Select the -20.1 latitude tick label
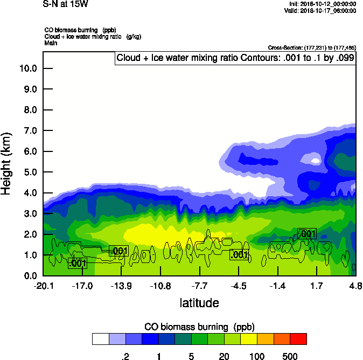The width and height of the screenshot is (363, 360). click(x=43, y=286)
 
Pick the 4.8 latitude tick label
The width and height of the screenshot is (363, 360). click(x=355, y=286)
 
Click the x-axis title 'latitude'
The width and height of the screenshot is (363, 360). click(x=199, y=303)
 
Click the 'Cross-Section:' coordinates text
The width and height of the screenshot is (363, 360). click(x=311, y=47)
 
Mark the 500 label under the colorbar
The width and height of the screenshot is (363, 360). click(x=290, y=356)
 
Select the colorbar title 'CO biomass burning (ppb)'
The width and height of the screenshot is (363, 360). click(x=199, y=327)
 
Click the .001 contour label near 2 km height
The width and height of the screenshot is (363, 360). click(x=307, y=233)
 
